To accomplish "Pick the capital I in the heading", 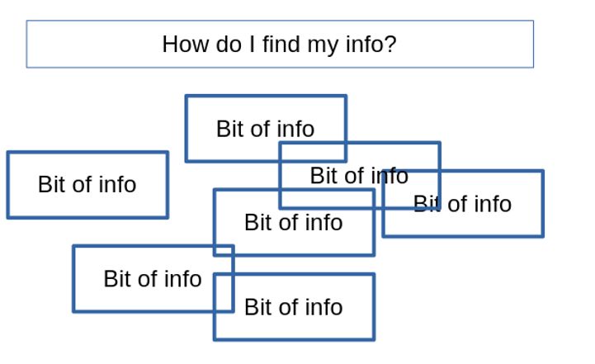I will (253, 44).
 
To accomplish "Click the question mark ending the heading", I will (391, 44).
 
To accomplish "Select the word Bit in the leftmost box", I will (51, 184).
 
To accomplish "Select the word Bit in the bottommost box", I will (257, 307).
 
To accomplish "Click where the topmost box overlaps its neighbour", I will (313, 152).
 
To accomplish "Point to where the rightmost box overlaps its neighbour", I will (411, 189).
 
